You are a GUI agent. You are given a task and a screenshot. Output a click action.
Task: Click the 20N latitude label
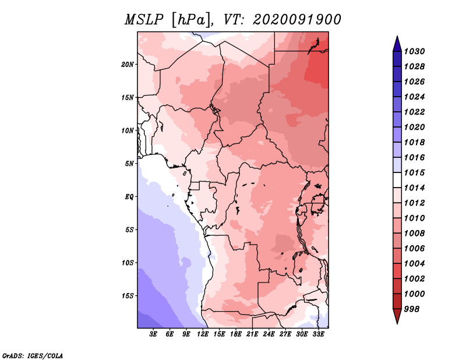tap(127, 65)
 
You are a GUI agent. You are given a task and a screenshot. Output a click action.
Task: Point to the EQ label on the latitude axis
tap(129, 197)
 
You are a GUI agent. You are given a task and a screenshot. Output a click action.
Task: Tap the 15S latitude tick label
tap(127, 296)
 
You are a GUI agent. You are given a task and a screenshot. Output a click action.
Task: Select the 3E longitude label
tap(153, 334)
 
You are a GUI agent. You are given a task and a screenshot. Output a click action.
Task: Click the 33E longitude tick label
tap(318, 334)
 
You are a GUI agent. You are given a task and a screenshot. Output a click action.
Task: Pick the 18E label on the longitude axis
tap(236, 334)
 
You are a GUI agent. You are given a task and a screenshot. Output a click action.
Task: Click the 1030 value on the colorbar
tap(415, 51)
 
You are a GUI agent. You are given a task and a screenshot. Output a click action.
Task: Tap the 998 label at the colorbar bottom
tap(412, 309)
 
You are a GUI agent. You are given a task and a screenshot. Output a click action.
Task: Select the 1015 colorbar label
tap(415, 172)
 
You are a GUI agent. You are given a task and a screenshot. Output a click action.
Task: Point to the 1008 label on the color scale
tap(415, 234)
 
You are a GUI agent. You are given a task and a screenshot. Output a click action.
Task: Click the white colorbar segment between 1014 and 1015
tap(397, 180)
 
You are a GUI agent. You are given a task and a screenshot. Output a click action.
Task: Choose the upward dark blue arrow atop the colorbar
tap(397, 44)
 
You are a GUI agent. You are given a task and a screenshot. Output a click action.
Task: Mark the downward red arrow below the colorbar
tap(397, 316)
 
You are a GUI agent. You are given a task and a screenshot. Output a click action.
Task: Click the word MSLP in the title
tap(144, 20)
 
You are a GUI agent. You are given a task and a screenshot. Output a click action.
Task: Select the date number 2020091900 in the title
tap(297, 20)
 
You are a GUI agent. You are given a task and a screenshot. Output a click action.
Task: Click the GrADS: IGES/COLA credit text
tap(33, 356)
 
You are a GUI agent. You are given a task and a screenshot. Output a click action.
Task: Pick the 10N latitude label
tap(127, 130)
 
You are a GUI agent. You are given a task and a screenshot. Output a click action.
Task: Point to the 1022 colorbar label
tap(415, 112)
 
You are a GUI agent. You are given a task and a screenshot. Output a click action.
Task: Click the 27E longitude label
tap(285, 334)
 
